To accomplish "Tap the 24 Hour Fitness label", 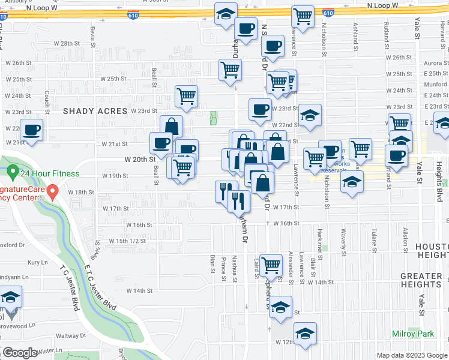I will (49, 174).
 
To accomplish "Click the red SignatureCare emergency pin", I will (53, 193).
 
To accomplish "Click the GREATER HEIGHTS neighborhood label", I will (421, 280).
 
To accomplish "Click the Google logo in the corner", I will (19, 353).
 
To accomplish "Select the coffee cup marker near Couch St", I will (32, 129).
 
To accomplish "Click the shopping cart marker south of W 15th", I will (271, 264).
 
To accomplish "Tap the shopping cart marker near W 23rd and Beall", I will (187, 95).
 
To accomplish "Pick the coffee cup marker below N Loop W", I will (245, 28).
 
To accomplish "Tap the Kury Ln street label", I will (37, 262).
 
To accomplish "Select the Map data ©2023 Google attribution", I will (412, 355).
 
